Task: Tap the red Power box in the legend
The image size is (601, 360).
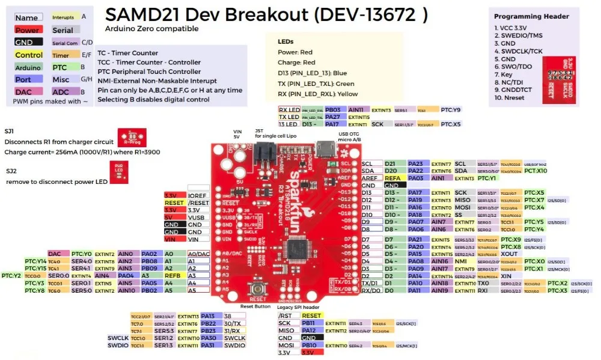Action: tap(28, 30)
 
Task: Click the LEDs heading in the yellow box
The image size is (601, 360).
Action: tap(285, 41)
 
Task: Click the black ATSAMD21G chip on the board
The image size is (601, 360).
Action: tap(299, 247)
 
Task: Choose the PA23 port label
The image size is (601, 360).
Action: tap(415, 163)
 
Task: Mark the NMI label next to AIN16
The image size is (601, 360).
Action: tap(461, 261)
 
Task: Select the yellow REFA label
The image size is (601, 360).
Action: tap(392, 178)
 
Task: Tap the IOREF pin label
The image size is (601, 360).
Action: tap(197, 195)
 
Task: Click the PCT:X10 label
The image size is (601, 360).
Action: tap(535, 171)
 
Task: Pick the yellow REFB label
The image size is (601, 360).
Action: tap(172, 275)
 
